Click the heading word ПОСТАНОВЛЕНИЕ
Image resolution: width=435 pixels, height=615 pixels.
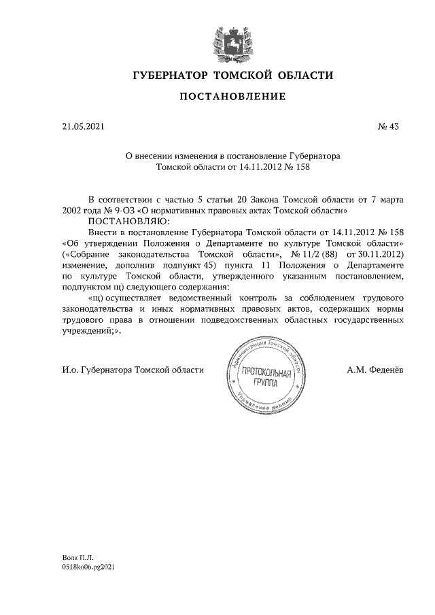232,98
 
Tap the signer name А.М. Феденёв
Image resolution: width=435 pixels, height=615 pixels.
375,370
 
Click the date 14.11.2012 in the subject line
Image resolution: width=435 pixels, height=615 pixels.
256,166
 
